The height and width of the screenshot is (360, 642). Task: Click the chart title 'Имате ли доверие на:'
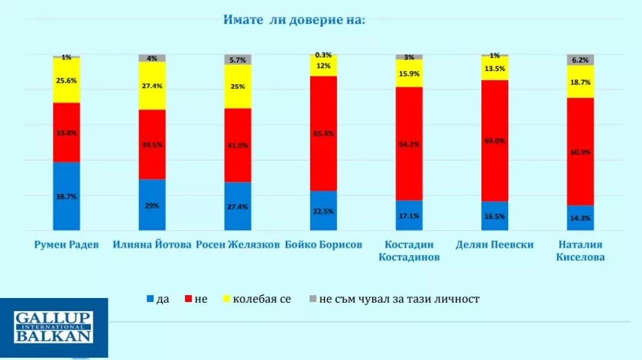(x=294, y=18)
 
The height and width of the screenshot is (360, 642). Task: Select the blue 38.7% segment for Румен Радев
(x=66, y=196)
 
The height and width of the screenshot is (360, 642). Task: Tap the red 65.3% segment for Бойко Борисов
(x=323, y=133)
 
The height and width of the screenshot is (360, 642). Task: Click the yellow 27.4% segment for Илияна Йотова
(x=152, y=86)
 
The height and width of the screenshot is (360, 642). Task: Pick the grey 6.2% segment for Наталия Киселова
(x=580, y=60)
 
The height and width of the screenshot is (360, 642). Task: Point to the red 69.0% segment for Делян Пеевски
(x=494, y=141)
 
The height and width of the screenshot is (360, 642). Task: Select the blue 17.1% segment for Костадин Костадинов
(x=409, y=215)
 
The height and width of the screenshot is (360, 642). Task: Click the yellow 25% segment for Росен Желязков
(x=238, y=86)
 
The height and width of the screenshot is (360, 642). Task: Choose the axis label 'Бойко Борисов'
(x=323, y=245)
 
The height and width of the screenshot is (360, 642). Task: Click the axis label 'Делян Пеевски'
(x=494, y=245)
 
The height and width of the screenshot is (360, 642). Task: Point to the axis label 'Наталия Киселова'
(x=580, y=251)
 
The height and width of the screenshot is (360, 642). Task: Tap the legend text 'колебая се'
(x=261, y=299)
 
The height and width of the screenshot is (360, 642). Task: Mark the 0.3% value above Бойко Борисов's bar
(x=323, y=54)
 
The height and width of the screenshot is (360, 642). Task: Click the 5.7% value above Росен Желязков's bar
(x=238, y=59)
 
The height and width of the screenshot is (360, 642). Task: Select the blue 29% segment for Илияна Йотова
(x=152, y=205)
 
